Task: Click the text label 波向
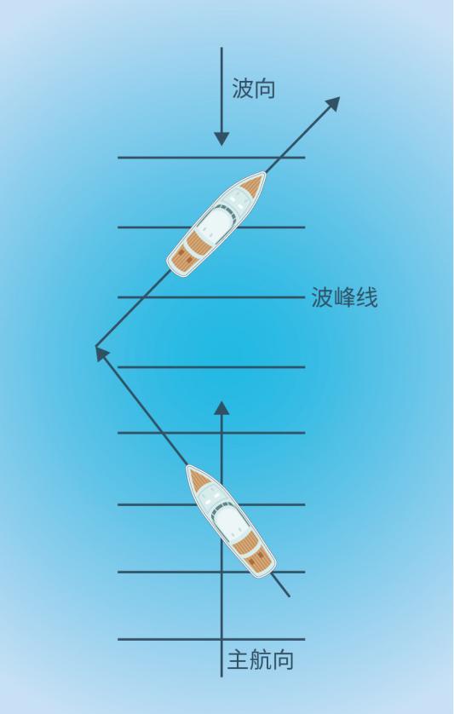[x=254, y=89]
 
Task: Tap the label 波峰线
[x=344, y=298]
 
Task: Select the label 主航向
[x=260, y=659]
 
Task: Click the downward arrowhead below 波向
[x=221, y=138]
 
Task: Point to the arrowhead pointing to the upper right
[x=333, y=103]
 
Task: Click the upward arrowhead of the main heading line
[x=221, y=408]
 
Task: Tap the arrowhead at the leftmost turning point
[x=102, y=353]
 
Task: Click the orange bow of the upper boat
[x=253, y=184]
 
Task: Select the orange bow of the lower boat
[x=198, y=478]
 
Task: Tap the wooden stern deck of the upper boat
[x=185, y=252]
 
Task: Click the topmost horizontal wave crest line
[x=211, y=158]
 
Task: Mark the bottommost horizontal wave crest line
[x=211, y=639]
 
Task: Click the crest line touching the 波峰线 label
[x=211, y=297]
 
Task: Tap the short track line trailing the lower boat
[x=280, y=585]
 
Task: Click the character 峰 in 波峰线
[x=344, y=298]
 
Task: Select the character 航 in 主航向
[x=260, y=659]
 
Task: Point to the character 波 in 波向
[x=243, y=89]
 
